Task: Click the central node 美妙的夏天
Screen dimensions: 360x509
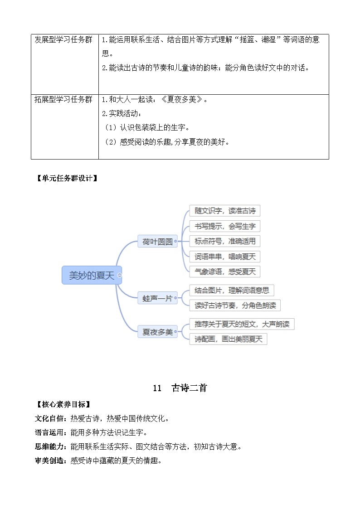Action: tap(92, 275)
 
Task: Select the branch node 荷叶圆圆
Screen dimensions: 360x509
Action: tap(157, 242)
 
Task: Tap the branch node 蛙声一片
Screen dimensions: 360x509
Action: tap(157, 298)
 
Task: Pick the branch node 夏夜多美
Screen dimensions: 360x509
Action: tap(157, 332)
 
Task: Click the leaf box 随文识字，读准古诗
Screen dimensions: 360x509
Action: tap(225, 211)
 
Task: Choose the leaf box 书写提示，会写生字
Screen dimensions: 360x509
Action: tap(225, 226)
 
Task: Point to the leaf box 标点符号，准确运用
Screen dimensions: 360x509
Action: tap(225, 241)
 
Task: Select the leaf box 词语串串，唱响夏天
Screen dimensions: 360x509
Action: tap(225, 257)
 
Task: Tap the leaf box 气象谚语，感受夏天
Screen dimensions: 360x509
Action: tap(225, 271)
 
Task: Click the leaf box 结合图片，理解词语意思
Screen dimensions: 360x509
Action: tap(232, 290)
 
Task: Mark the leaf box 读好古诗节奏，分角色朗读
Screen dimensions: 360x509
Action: tap(235, 305)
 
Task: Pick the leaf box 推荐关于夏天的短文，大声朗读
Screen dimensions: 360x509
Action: tap(242, 324)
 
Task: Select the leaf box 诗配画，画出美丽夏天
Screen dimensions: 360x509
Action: tap(228, 339)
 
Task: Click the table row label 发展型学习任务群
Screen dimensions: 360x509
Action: tap(63, 39)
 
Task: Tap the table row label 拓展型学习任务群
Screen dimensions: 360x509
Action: tap(63, 99)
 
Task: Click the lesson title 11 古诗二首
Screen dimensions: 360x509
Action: tap(180, 388)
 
